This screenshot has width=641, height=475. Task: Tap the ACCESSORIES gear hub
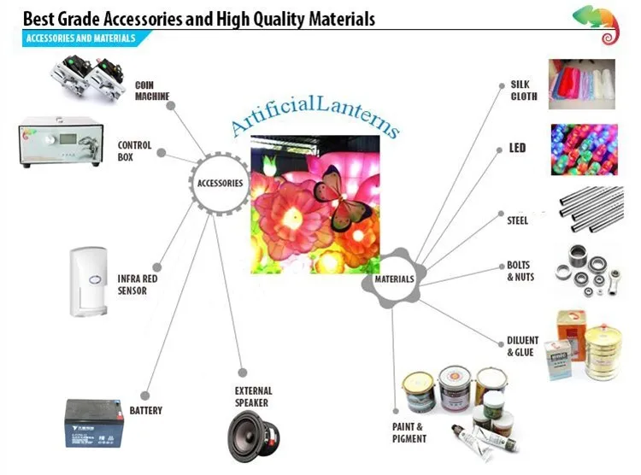[x=220, y=183]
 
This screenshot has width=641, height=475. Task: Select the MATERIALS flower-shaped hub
[x=394, y=279]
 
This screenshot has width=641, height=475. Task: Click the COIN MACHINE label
[x=151, y=91]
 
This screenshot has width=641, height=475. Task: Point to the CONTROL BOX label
[x=135, y=151]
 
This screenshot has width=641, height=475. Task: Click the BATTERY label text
[x=146, y=411]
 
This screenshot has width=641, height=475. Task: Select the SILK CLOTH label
[x=523, y=91]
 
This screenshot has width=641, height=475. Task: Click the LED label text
[x=518, y=149]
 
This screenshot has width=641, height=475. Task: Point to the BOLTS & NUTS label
[x=520, y=272]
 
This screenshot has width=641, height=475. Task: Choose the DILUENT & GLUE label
[x=522, y=347]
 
